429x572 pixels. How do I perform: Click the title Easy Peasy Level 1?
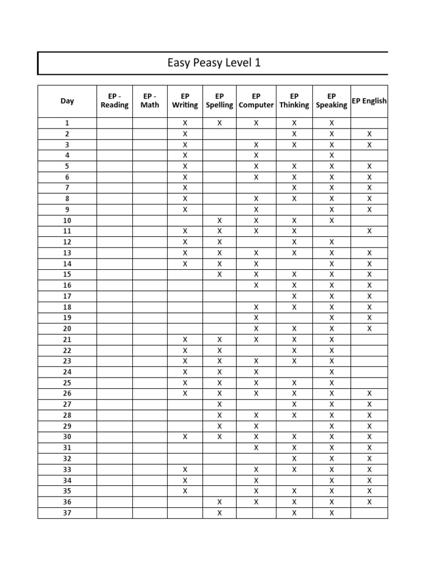(214, 63)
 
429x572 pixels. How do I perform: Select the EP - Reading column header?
(115, 101)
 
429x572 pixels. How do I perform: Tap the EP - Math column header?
(150, 101)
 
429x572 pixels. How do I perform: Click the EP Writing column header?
(185, 101)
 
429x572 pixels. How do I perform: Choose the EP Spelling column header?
(220, 101)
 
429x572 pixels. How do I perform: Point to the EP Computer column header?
(256, 101)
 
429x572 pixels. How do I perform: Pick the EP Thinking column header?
(294, 101)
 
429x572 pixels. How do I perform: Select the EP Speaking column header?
(331, 101)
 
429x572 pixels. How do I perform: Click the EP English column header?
(369, 101)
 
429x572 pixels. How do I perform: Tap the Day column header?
(67, 101)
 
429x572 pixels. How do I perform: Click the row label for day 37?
(67, 513)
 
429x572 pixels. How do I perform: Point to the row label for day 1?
(67, 123)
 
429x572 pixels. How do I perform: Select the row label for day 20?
(67, 329)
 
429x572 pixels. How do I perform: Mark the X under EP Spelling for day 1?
(220, 123)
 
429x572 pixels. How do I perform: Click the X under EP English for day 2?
(369, 134)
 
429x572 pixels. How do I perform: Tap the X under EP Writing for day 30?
(185, 437)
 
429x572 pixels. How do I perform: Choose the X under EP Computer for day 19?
(256, 318)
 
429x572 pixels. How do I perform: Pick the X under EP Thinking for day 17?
(294, 296)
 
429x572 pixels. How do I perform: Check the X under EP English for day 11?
(369, 231)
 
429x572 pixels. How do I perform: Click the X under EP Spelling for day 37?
(220, 513)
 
